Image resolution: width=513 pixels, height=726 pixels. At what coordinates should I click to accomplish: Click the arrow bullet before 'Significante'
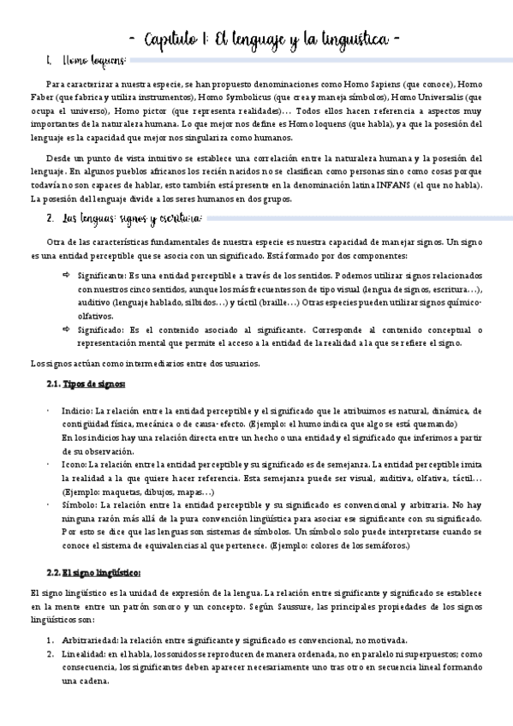tap(68, 277)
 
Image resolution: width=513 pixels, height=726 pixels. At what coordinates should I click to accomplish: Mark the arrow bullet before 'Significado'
tap(68, 330)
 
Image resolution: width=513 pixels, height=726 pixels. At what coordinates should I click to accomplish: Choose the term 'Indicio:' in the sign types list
tap(77, 411)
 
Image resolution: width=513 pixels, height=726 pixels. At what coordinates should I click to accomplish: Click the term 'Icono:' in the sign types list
tap(75, 464)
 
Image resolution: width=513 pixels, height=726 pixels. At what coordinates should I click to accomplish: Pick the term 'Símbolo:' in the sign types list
tap(79, 505)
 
